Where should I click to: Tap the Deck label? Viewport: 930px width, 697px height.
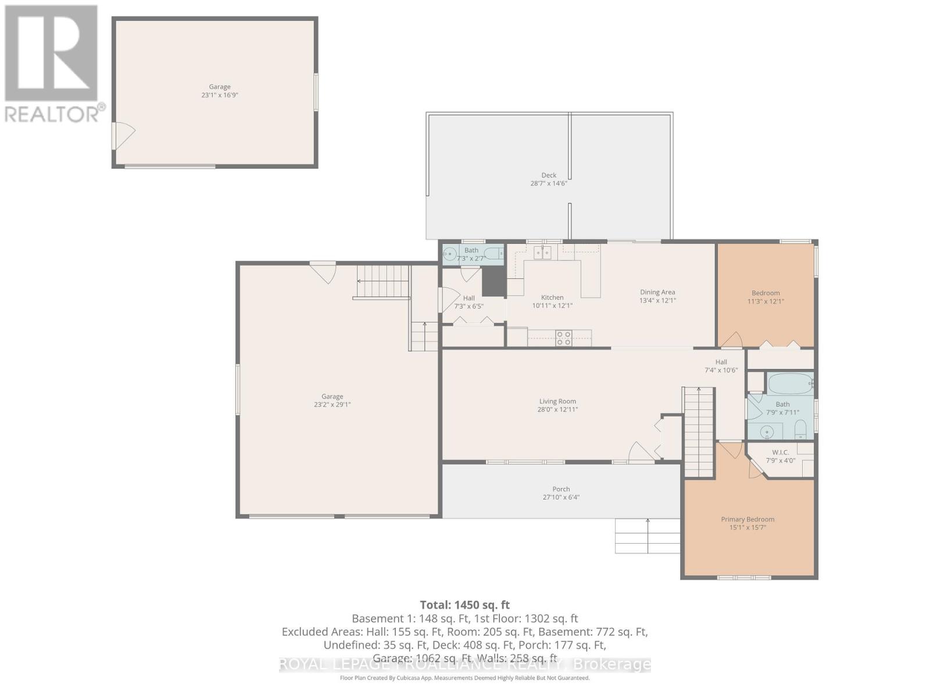coord(549,175)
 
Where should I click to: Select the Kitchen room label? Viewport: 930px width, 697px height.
coord(552,297)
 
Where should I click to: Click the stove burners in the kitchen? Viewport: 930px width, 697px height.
coord(563,338)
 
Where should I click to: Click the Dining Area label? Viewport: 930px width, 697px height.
coord(657,292)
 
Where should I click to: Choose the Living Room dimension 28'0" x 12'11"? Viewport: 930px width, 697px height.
coord(557,409)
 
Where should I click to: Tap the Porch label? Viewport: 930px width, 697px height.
coord(561,489)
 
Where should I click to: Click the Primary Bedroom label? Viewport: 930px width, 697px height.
coord(747,519)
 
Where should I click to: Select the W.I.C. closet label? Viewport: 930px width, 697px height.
coord(780,452)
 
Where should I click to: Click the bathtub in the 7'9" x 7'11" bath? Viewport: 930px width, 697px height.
coord(789,384)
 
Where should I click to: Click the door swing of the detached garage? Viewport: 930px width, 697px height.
coord(124,135)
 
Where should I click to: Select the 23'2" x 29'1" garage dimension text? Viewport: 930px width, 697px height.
coord(332,405)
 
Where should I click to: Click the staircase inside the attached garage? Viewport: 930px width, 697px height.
coord(382,282)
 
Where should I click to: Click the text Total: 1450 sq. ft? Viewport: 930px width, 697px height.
coord(464,605)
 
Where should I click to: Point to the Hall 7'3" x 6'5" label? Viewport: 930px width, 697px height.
coord(468,298)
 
